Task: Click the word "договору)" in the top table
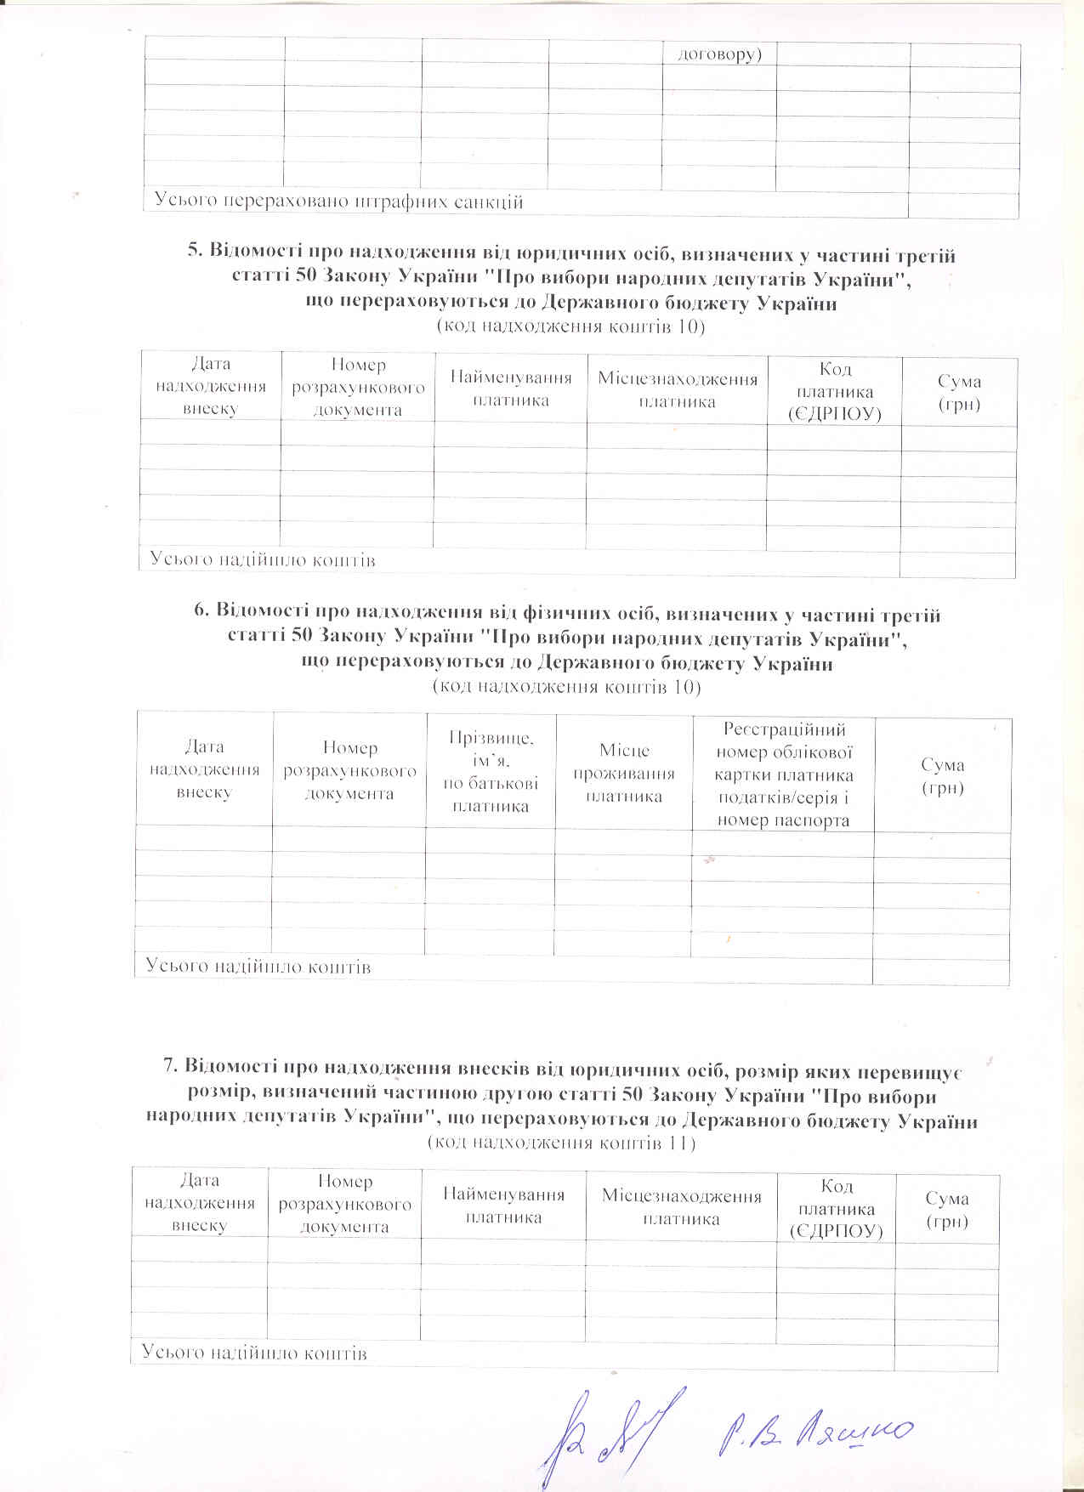click(x=718, y=54)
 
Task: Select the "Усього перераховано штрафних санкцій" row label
click(x=338, y=201)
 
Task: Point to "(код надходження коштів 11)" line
click(x=561, y=1143)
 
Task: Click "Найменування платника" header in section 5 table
click(x=510, y=389)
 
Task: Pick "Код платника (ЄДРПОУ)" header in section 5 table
click(x=834, y=391)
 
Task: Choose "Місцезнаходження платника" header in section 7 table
click(x=681, y=1207)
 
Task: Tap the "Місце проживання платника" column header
click(x=624, y=773)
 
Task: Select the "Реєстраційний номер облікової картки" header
click(x=783, y=774)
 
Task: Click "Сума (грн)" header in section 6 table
click(x=942, y=775)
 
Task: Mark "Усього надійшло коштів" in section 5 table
click(x=263, y=560)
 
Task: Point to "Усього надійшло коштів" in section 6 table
click(x=258, y=967)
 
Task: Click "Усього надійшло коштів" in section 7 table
click(x=253, y=1353)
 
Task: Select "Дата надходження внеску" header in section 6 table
click(x=204, y=769)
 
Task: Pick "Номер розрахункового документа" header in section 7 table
click(x=344, y=1204)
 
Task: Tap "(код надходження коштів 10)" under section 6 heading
click(x=567, y=686)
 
